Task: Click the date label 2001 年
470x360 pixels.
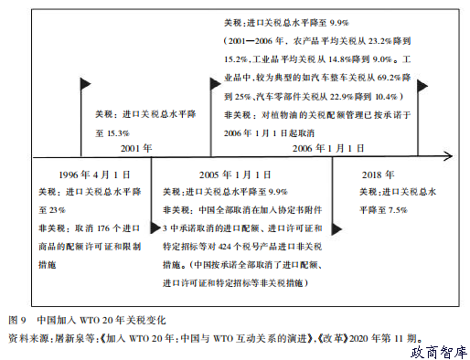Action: tap(135, 148)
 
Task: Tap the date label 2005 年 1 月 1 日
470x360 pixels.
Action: tap(233, 174)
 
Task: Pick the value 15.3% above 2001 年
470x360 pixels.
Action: tap(117, 132)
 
